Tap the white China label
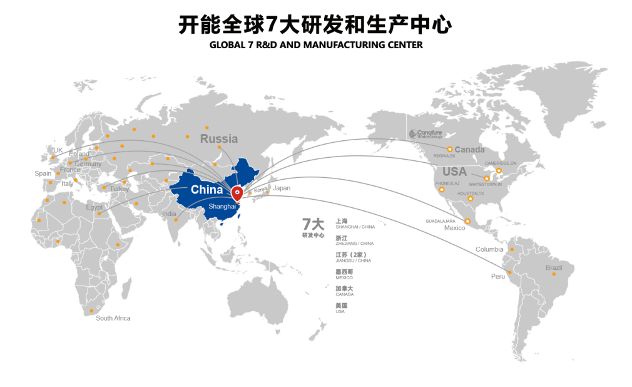(206, 189)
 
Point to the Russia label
(219, 138)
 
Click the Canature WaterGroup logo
(426, 134)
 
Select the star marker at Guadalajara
(467, 220)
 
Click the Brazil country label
(554, 267)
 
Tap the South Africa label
(113, 318)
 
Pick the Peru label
(498, 276)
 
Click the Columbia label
(489, 249)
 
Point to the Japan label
(282, 188)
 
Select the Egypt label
(94, 207)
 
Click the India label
(169, 214)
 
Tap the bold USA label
(455, 172)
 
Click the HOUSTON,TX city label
(471, 194)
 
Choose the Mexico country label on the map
(455, 228)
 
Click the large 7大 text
(313, 224)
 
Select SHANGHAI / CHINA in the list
(355, 227)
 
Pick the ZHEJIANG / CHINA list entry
(354, 244)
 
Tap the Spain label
(43, 173)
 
